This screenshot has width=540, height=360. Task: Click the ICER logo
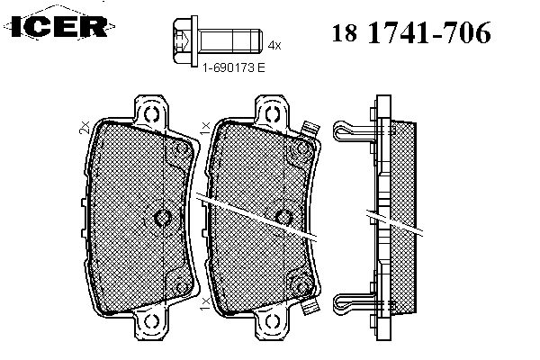click(x=59, y=25)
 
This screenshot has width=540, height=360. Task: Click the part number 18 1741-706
click(x=411, y=32)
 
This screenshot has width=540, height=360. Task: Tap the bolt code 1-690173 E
click(x=233, y=67)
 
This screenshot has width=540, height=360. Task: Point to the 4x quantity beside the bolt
click(x=274, y=45)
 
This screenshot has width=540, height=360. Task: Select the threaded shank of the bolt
click(x=230, y=41)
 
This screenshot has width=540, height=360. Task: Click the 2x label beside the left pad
click(x=85, y=128)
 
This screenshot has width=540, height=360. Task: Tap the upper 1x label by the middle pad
click(x=205, y=128)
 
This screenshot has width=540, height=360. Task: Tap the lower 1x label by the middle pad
click(x=204, y=304)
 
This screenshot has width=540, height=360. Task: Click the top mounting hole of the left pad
click(x=151, y=114)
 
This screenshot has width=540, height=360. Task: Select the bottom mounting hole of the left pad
click(x=151, y=322)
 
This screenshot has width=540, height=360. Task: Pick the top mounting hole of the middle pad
click(x=272, y=114)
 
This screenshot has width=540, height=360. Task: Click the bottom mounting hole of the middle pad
click(x=272, y=322)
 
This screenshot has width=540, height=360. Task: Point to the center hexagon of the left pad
click(x=162, y=218)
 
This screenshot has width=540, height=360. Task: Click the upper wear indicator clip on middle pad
click(x=310, y=130)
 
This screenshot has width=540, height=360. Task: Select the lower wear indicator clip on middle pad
click(x=310, y=306)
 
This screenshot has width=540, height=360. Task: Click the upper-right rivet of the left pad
click(x=181, y=149)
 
